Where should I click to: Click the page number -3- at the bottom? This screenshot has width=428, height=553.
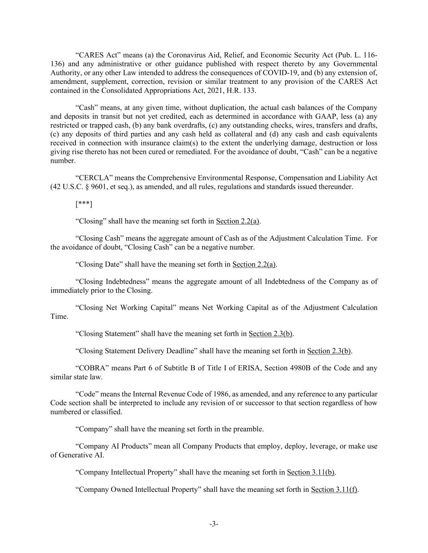pyautogui.click(x=214, y=524)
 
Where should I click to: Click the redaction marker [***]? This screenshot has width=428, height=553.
pyautogui.click(x=84, y=204)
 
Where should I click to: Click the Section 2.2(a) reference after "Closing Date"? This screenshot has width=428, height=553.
pyautogui.click(x=254, y=264)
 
